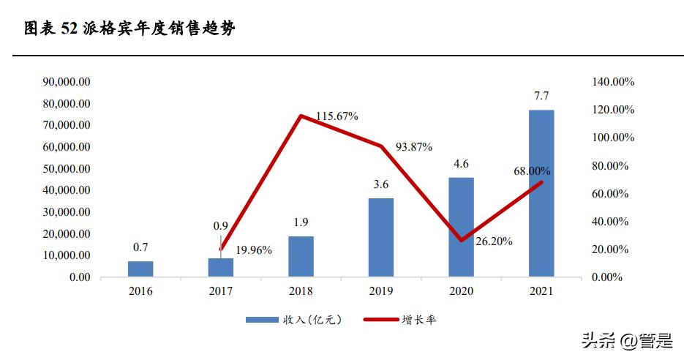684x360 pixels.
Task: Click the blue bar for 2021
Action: pos(541,193)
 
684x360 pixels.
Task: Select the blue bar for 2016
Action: pos(140,269)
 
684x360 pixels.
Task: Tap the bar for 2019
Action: pos(381,237)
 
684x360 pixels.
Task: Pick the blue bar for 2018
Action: pos(301,256)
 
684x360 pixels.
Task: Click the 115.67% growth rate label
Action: pos(337,116)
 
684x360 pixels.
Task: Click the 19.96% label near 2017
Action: pos(252,250)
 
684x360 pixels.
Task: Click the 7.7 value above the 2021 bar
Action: pos(541,96)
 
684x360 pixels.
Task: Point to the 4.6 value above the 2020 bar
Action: pos(461,164)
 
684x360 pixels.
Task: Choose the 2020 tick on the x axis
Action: pos(461,291)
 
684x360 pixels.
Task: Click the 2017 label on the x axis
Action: pos(220,291)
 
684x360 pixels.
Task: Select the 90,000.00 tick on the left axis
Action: pos(65,81)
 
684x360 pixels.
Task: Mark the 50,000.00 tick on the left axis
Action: pos(65,168)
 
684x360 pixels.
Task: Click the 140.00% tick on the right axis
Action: pos(613,81)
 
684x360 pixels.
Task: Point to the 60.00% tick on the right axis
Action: pos(610,193)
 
